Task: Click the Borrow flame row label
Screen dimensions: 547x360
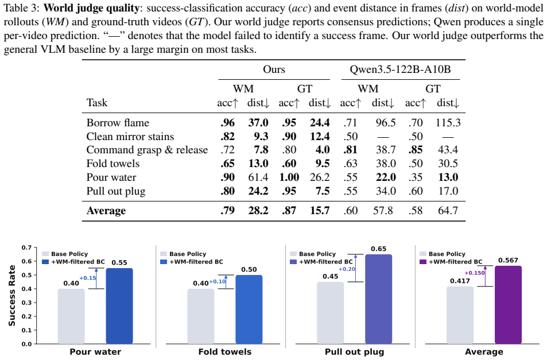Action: tap(118, 123)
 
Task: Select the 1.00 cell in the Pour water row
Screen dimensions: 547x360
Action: tap(289, 177)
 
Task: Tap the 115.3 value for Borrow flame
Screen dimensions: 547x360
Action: tap(448, 123)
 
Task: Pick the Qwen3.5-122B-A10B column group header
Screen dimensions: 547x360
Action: tap(400, 69)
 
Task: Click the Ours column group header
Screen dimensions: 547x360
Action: tap(274, 69)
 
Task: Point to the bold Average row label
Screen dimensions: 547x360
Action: tap(106, 211)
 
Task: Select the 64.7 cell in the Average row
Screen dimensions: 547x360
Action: tap(448, 211)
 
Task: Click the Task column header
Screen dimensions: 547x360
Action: tap(97, 103)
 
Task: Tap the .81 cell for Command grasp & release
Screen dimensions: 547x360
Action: tap(350, 150)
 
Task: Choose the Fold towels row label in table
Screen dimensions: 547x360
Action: tap(112, 164)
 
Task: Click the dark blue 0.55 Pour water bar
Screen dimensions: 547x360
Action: tap(119, 306)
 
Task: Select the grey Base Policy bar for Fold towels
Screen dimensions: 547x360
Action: tap(201, 316)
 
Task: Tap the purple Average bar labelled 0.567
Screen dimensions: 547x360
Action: tap(509, 305)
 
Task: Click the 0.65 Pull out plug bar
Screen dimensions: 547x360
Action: tap(378, 299)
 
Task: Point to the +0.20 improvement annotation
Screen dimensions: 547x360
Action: tap(347, 269)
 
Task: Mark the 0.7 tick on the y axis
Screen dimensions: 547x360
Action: tap(26, 247)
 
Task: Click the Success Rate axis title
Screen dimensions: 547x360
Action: tap(12, 296)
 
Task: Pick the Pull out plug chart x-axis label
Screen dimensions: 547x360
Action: tap(355, 351)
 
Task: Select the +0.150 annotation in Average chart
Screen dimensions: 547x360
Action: tap(475, 273)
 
